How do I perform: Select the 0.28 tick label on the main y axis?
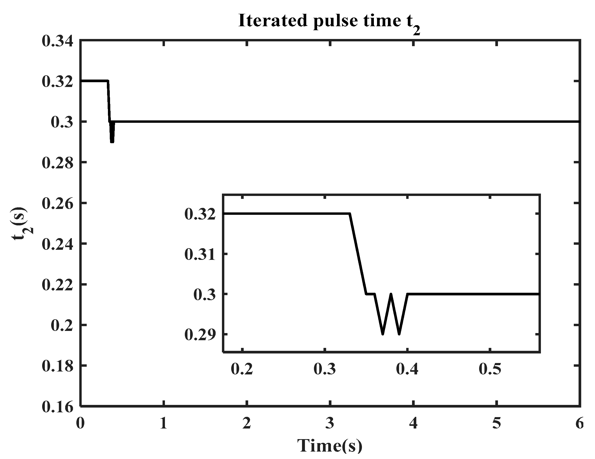point(58,163)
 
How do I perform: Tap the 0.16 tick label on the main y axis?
point(58,407)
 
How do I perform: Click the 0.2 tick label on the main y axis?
point(62,326)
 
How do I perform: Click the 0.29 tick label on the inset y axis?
point(200,335)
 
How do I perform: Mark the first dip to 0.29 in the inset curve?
point(383,334)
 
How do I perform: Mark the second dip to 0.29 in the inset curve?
point(399,334)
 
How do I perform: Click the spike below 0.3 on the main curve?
point(112,141)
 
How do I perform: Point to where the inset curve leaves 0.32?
point(349,214)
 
